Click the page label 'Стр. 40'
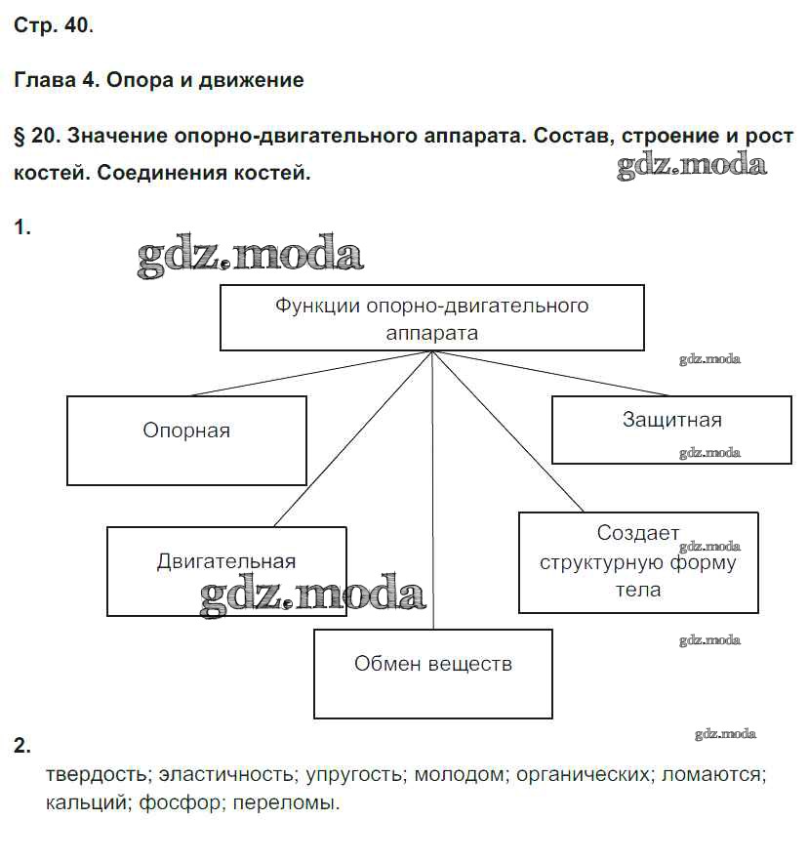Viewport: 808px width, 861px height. point(54,26)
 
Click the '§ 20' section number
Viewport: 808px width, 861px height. point(38,136)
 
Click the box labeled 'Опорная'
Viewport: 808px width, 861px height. point(186,440)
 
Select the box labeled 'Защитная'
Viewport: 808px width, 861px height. point(671,430)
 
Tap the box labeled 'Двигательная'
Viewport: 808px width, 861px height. point(226,571)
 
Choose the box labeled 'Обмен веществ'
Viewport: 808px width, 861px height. point(432,674)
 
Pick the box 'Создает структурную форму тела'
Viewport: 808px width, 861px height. point(638,562)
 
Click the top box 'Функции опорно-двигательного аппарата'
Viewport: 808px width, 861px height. point(431,317)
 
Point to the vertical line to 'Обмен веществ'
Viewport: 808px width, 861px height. point(432,488)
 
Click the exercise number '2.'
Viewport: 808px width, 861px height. point(22,748)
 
